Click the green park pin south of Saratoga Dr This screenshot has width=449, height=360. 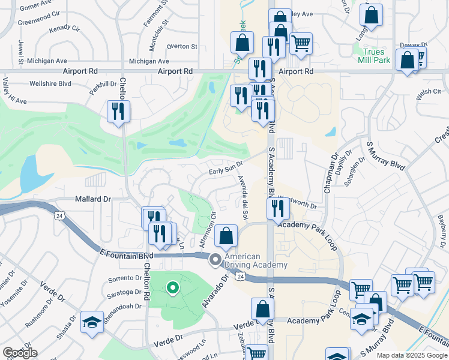point(173,289)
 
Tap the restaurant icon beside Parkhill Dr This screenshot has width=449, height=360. point(118,111)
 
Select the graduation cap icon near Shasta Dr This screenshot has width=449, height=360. point(92,322)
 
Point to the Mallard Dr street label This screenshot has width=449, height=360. point(93,199)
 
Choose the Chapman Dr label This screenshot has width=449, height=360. point(330,175)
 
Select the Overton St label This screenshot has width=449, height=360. point(182,46)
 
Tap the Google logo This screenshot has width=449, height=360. point(20,352)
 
